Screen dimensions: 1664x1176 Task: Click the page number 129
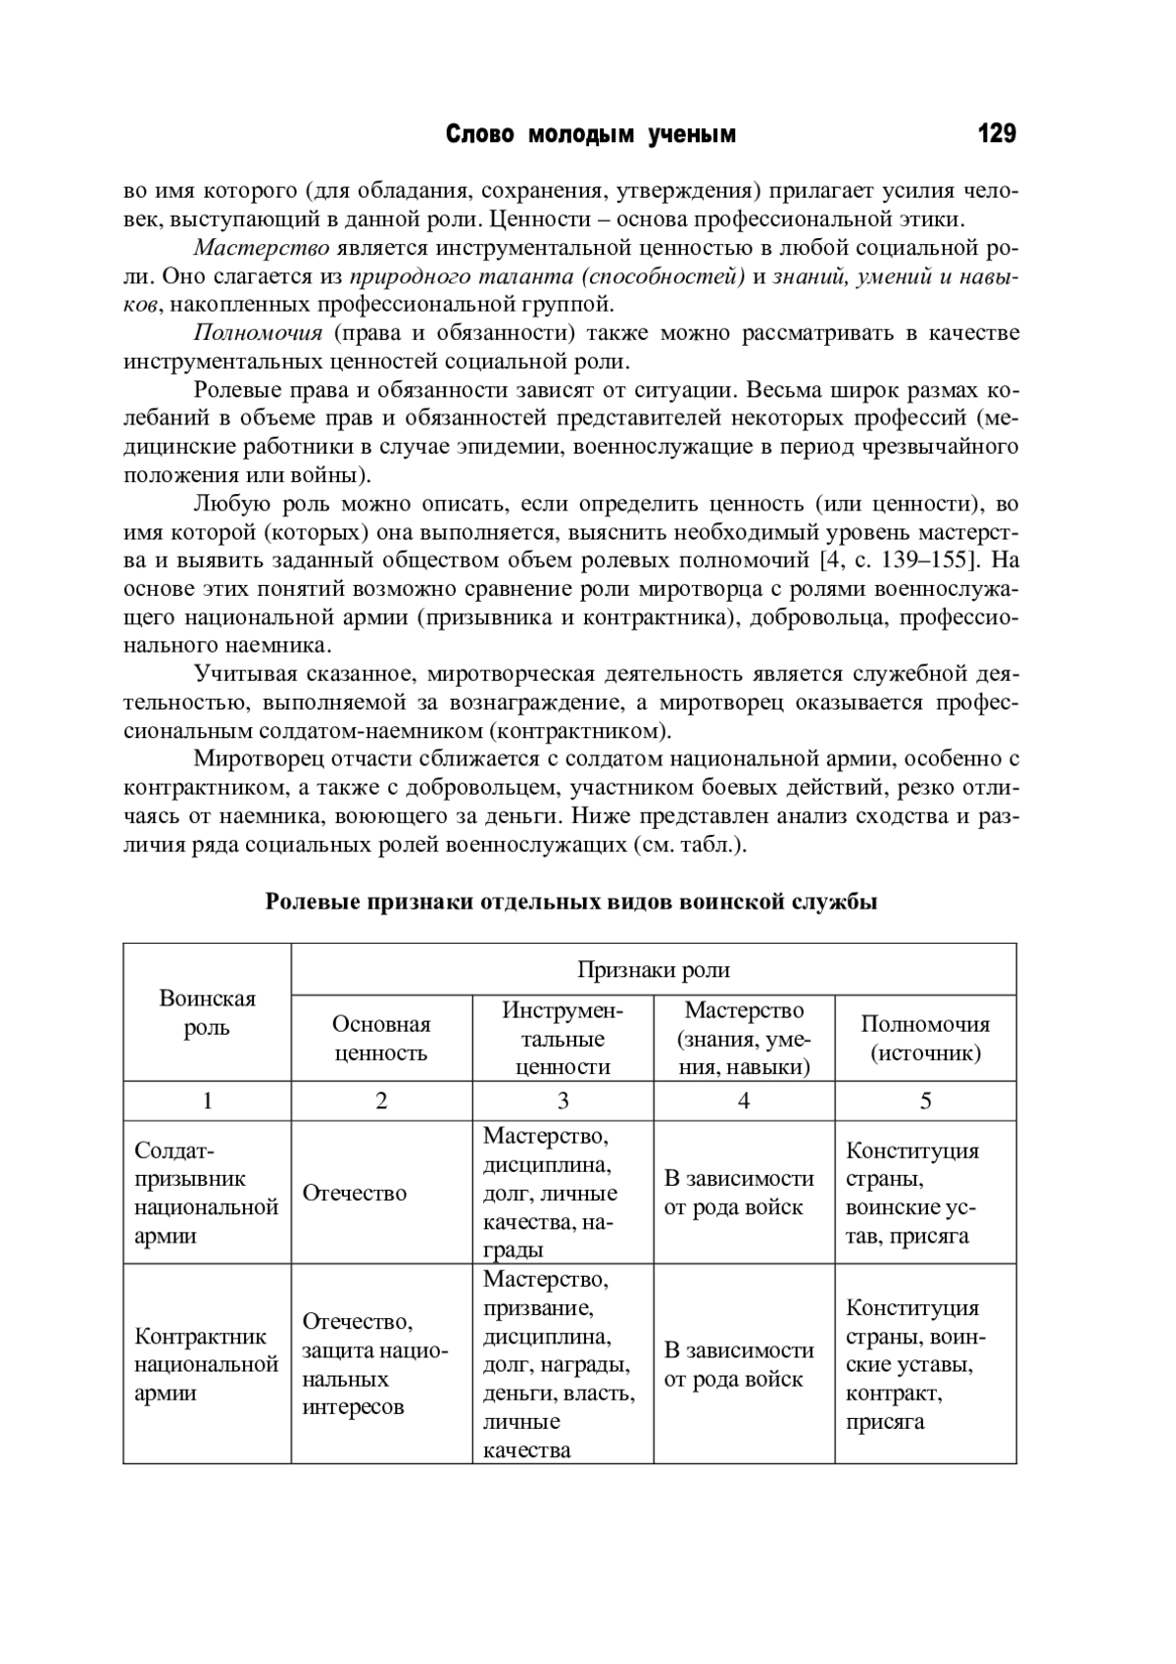pyautogui.click(x=996, y=134)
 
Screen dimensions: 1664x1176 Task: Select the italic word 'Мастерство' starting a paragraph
pyautogui.click(x=261, y=248)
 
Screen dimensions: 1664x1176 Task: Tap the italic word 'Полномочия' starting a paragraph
pyautogui.click(x=258, y=333)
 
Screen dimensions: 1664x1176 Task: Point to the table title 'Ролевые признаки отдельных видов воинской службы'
pyautogui.click(x=570, y=902)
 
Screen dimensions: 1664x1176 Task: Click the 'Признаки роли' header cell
pyautogui.click(x=653, y=970)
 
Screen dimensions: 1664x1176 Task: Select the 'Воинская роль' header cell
pyautogui.click(x=207, y=1012)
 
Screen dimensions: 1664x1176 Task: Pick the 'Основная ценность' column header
pyautogui.click(x=381, y=1039)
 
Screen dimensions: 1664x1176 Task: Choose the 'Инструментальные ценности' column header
pyautogui.click(x=563, y=1039)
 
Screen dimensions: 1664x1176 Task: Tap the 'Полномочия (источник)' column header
pyautogui.click(x=925, y=1039)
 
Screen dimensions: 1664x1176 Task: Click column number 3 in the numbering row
pyautogui.click(x=563, y=1101)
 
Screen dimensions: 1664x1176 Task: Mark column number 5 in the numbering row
pyautogui.click(x=925, y=1101)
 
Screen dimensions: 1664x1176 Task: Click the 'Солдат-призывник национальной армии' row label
pyautogui.click(x=207, y=1193)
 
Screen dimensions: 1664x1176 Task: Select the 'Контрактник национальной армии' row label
pyautogui.click(x=207, y=1364)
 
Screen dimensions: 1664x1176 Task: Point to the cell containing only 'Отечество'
pyautogui.click(x=355, y=1193)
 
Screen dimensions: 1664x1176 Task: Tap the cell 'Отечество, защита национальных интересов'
pyautogui.click(x=374, y=1364)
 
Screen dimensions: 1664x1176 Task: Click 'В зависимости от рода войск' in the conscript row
pyautogui.click(x=739, y=1193)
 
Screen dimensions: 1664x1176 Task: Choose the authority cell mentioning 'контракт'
pyautogui.click(x=915, y=1364)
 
